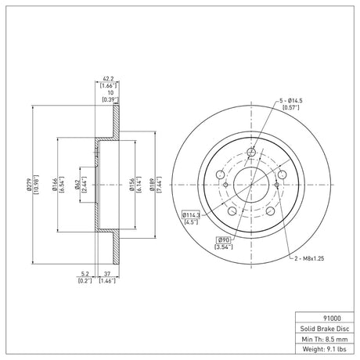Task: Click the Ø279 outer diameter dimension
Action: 29,185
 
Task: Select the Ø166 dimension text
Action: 55,185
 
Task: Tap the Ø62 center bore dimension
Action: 77,185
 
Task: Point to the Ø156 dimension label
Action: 132,185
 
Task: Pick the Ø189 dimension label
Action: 152,185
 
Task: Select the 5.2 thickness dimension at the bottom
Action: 85,274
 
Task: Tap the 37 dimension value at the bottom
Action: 107,274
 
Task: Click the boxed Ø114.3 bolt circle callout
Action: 191,215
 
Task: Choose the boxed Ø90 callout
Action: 223,239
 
